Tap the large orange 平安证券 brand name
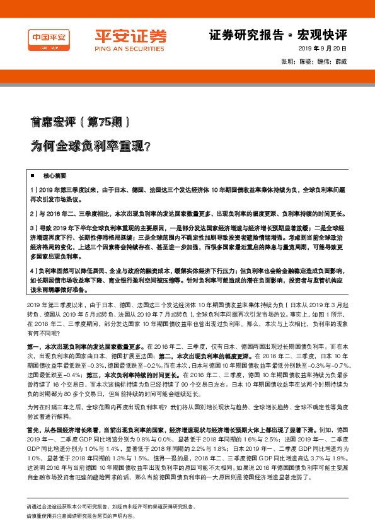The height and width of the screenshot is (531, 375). tap(122, 36)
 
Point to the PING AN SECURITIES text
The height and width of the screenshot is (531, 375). tap(122, 47)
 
